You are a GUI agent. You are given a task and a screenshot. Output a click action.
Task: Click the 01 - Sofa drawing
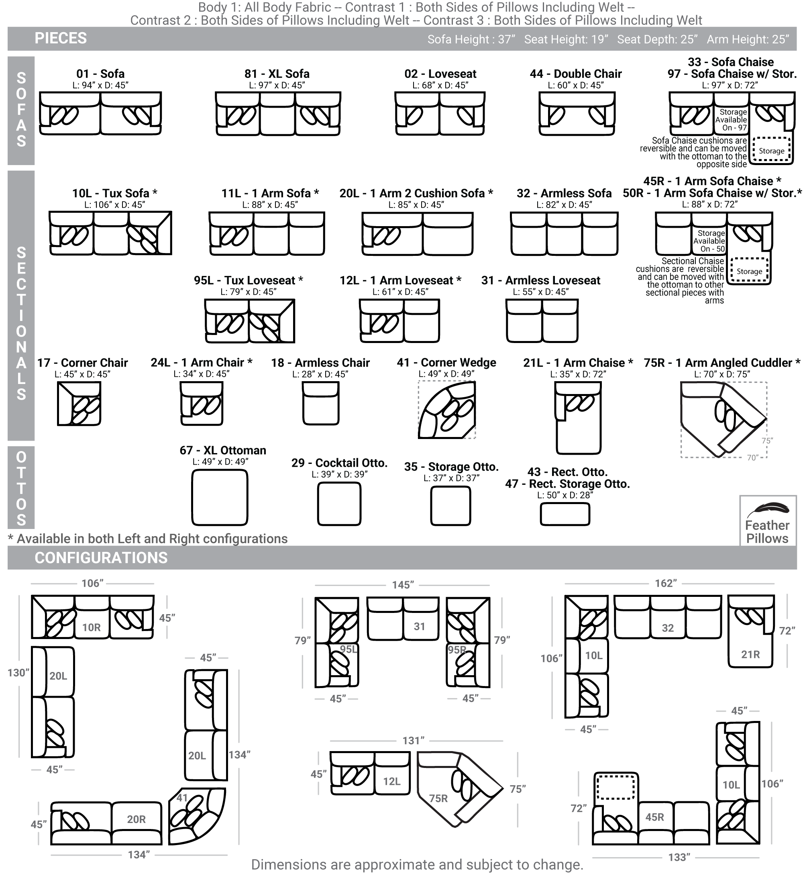[100, 113]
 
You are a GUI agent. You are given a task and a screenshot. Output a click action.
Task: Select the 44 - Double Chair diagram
[577, 113]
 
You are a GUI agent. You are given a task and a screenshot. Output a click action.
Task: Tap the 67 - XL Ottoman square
[220, 497]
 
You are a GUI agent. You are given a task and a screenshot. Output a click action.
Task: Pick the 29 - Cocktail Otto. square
[339, 504]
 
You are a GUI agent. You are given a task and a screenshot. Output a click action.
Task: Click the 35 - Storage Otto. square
[450, 506]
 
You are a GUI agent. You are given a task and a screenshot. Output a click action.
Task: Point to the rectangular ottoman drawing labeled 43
[565, 514]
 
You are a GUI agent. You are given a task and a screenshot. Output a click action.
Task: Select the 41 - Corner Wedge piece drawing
[447, 410]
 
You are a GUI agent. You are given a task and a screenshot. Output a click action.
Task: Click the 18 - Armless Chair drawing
[321, 403]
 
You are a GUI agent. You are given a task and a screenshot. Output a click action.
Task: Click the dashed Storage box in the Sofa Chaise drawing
[771, 150]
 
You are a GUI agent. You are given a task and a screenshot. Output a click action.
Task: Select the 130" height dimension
[18, 672]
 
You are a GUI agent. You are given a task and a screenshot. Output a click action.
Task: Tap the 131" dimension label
[413, 740]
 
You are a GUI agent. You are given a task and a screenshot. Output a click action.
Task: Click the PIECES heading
[61, 38]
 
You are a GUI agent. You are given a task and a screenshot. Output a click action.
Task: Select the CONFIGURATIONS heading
[101, 557]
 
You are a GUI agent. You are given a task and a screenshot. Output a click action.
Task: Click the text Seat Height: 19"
[566, 39]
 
